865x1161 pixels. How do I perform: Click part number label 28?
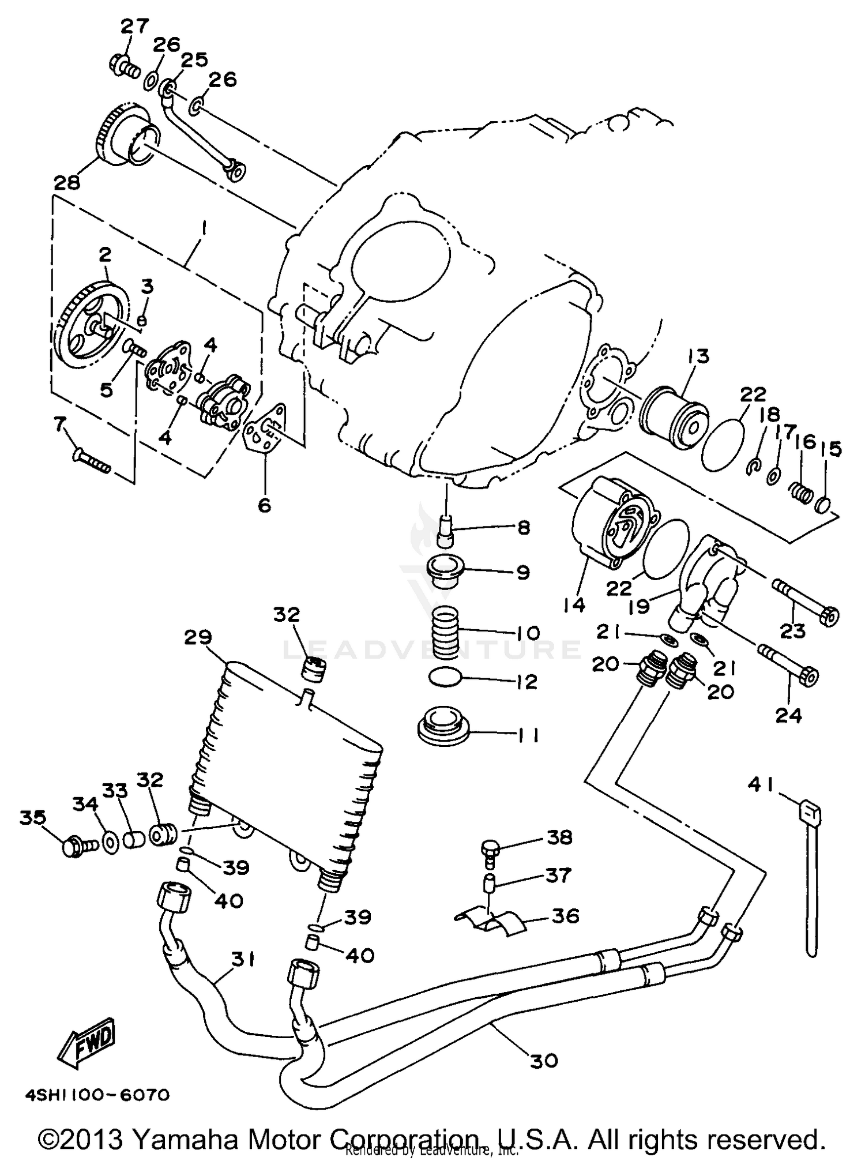67,183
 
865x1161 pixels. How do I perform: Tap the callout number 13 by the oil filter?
698,356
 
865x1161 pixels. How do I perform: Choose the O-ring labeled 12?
446,677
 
